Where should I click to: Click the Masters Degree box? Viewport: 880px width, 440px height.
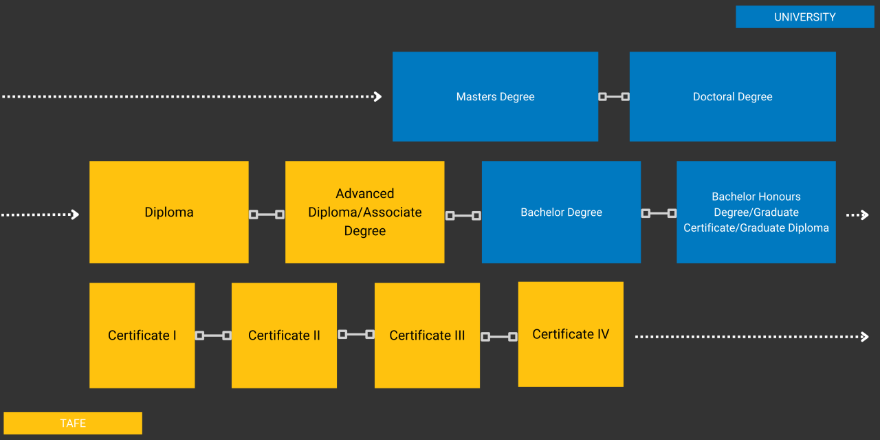(495, 97)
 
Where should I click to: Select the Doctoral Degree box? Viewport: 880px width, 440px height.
(732, 97)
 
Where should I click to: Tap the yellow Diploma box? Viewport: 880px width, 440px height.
(169, 212)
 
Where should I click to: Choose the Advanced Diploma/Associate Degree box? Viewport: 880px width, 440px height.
(364, 212)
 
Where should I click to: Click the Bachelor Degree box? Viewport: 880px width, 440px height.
(561, 212)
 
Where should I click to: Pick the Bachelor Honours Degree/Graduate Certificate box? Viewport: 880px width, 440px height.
(756, 212)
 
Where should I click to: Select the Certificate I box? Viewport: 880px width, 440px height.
(142, 335)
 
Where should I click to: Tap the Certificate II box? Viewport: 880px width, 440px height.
(284, 335)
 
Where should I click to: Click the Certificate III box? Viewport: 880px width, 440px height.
(427, 335)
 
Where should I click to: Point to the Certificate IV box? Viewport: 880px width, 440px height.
(571, 334)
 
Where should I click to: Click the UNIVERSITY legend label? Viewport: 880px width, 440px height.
(804, 17)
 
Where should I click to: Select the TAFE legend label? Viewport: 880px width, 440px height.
(73, 423)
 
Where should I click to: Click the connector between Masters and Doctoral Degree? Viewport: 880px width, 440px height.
(614, 97)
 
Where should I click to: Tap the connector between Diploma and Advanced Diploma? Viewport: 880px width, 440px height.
(267, 214)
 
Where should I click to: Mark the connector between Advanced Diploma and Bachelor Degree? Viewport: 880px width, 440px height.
(463, 216)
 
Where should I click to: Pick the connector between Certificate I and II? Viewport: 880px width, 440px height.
(213, 335)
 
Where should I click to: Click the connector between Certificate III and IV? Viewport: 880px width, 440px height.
(499, 337)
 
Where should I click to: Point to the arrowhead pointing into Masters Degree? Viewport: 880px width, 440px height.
(377, 97)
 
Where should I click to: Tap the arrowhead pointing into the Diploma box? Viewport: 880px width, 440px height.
(75, 214)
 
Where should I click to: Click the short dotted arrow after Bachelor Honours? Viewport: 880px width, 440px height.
(857, 215)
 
